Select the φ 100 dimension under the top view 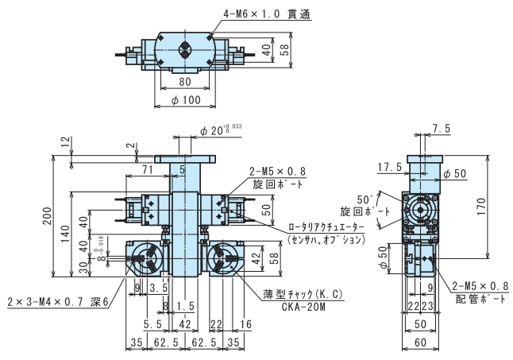pyautogui.click(x=186, y=100)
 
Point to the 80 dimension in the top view pyautogui.click(x=184, y=82)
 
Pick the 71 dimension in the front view pyautogui.click(x=148, y=170)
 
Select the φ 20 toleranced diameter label pyautogui.click(x=226, y=130)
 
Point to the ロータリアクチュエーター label pyautogui.click(x=326, y=227)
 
